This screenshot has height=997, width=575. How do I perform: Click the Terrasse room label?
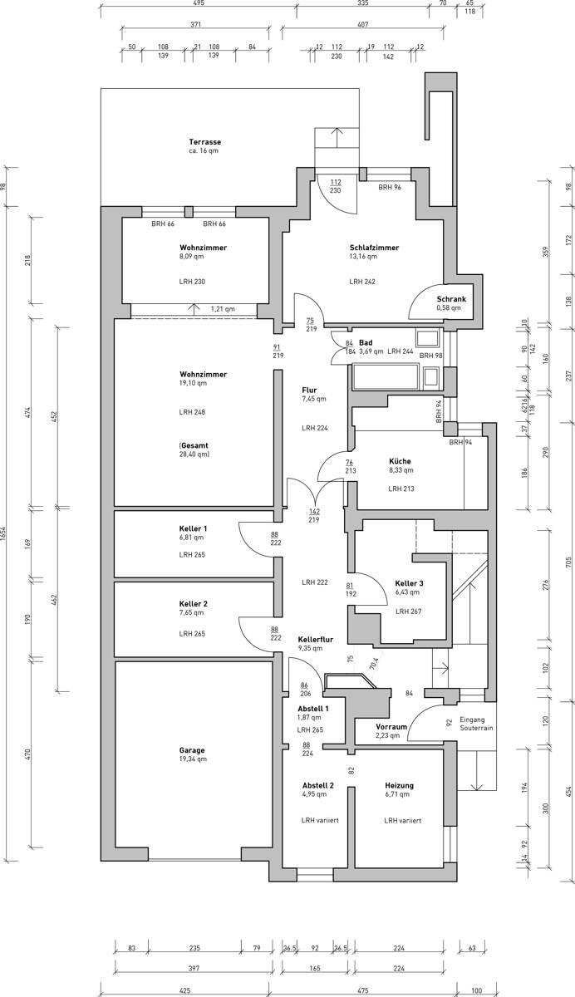tap(204, 142)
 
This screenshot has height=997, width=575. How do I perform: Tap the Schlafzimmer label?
tap(374, 248)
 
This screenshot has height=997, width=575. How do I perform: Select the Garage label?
tap(191, 749)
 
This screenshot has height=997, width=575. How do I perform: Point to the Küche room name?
tap(400, 461)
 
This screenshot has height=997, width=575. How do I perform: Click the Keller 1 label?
tap(193, 528)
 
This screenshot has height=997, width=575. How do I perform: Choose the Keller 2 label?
tap(193, 603)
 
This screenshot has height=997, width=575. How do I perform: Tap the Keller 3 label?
tap(409, 584)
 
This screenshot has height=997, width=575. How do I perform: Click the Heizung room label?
tap(399, 785)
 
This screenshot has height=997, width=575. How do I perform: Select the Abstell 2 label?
tap(317, 785)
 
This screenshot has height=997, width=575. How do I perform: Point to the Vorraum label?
tap(391, 725)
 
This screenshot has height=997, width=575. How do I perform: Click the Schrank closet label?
tap(451, 299)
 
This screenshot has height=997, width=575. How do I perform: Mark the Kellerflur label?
tap(316, 639)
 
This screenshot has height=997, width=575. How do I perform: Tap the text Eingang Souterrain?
tap(476, 723)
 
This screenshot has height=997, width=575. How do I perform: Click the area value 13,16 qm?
tap(364, 257)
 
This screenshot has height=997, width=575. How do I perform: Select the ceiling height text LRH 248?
tap(192, 412)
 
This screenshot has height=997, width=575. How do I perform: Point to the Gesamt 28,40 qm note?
tap(194, 449)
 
